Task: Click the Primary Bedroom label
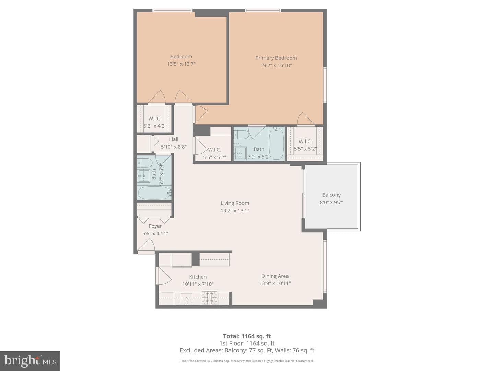(x=276, y=58)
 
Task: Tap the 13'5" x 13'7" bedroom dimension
(x=181, y=64)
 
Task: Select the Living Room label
(x=235, y=203)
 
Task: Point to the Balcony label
(x=331, y=195)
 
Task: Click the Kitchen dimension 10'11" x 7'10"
(x=198, y=284)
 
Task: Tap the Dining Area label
(x=275, y=276)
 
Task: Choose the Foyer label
(x=155, y=226)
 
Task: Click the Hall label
(x=174, y=139)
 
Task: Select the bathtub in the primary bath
(x=276, y=144)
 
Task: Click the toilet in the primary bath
(x=241, y=135)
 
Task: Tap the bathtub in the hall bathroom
(x=155, y=193)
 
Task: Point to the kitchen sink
(x=186, y=299)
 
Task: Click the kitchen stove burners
(x=210, y=298)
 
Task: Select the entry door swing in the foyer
(x=146, y=245)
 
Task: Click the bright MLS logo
(x=30, y=361)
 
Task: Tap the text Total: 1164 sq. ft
(x=247, y=336)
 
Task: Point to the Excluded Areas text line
(x=247, y=350)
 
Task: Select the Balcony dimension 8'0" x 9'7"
(x=331, y=202)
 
